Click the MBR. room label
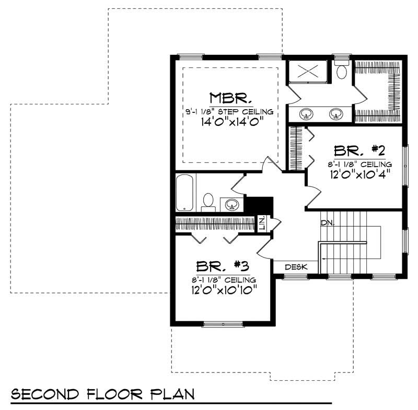[x=231, y=98]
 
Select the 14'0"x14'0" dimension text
[x=230, y=122]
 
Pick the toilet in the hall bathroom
[x=208, y=201]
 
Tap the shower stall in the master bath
[x=308, y=72]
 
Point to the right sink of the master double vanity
[x=335, y=113]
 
